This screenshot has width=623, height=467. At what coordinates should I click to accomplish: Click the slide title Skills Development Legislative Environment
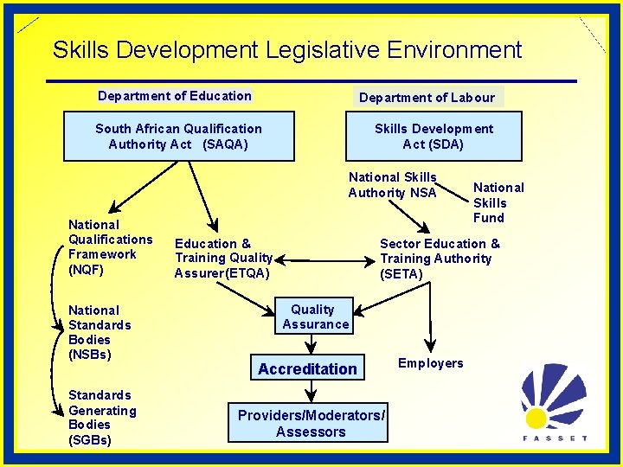click(287, 49)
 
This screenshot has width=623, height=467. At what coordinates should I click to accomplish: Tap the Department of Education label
click(175, 96)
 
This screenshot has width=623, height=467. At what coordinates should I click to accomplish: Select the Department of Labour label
click(427, 97)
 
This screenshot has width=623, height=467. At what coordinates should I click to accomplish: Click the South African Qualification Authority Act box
click(178, 137)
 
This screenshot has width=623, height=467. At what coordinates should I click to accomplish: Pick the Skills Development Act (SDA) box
click(433, 137)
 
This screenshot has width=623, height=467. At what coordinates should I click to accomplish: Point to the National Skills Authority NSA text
click(393, 185)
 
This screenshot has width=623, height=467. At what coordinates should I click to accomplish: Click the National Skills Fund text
click(498, 202)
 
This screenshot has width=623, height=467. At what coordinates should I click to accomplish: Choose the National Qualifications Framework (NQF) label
click(110, 246)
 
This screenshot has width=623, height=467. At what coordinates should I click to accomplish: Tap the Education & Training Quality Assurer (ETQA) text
click(224, 259)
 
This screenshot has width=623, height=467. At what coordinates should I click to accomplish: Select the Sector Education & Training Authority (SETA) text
click(440, 259)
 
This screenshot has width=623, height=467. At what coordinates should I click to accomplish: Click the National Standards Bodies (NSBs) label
click(100, 332)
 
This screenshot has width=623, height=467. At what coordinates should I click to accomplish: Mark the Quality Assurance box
click(315, 317)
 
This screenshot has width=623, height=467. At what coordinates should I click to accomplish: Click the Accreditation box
click(307, 368)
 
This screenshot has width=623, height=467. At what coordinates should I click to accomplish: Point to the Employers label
click(430, 363)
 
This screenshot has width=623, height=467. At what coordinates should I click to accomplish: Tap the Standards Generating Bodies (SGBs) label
click(102, 418)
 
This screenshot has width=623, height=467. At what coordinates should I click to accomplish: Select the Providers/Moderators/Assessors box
click(311, 423)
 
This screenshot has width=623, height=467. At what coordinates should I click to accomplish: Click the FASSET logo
click(555, 403)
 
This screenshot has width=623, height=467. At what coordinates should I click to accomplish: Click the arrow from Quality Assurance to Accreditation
click(311, 344)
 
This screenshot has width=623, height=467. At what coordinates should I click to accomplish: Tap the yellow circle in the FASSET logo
click(536, 419)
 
